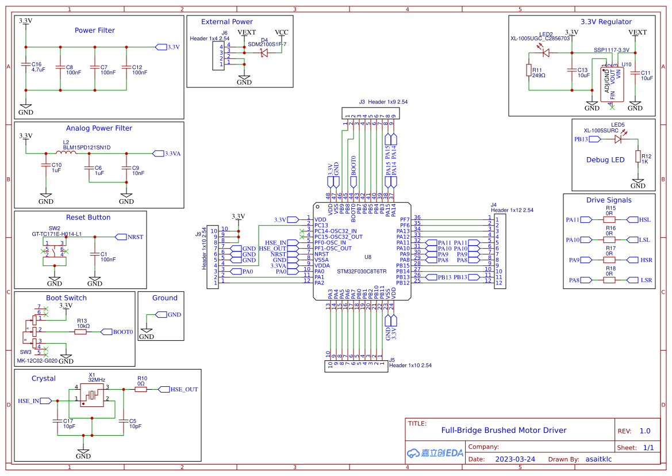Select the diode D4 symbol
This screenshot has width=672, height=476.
264,52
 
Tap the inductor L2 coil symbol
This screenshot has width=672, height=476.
67,153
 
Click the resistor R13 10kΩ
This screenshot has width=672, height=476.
82,332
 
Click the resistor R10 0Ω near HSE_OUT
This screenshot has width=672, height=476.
141,389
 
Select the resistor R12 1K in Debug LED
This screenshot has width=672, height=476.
638,157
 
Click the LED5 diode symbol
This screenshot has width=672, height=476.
619,139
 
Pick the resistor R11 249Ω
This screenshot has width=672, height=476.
529,70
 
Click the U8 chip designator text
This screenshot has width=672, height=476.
368,257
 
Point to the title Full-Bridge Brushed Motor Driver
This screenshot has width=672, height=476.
504,430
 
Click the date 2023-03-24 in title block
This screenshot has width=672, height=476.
515,459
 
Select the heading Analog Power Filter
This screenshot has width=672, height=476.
99,128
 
